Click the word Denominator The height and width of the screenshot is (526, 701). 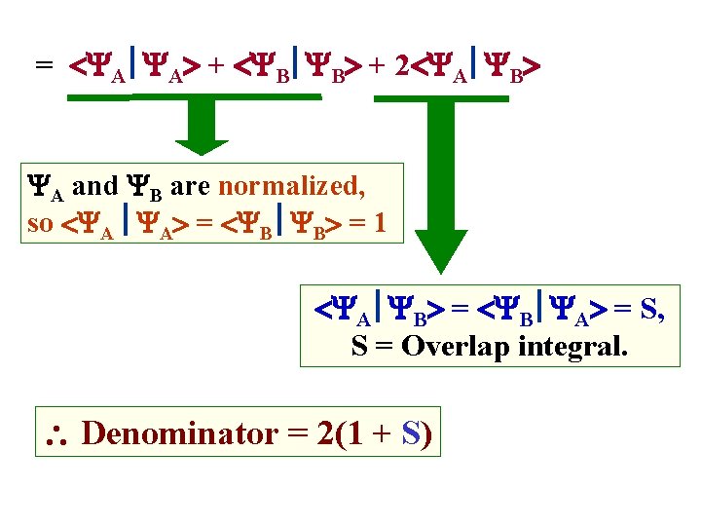pos(179,432)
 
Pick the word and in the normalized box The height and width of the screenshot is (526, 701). pos(94,184)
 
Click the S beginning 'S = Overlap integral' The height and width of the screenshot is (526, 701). pos(358,346)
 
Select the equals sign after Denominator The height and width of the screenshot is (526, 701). pos(296,432)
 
